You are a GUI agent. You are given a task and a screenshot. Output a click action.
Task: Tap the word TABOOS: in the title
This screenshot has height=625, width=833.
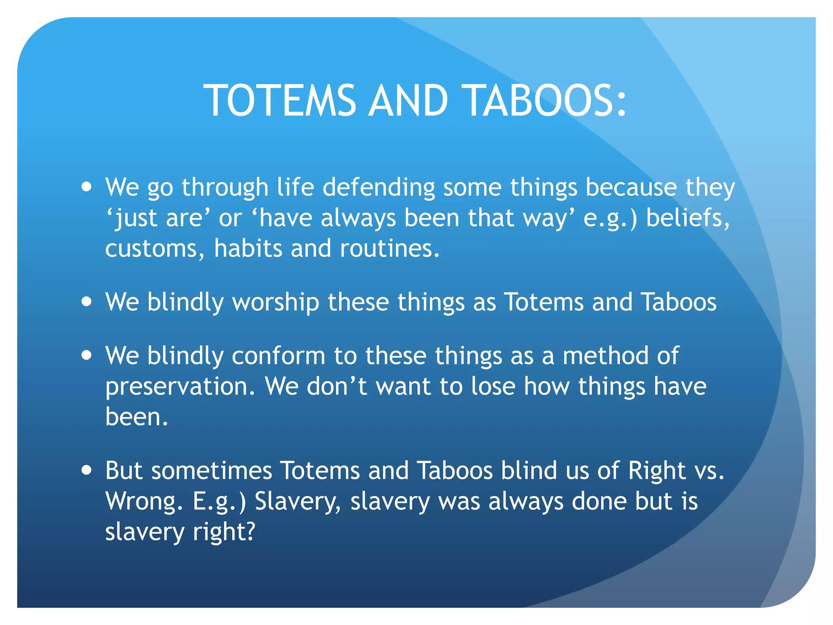(x=545, y=101)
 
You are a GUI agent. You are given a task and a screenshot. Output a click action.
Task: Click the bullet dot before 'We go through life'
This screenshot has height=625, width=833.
(x=86, y=187)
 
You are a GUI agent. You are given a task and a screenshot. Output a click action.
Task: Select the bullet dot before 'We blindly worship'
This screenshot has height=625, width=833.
(x=86, y=302)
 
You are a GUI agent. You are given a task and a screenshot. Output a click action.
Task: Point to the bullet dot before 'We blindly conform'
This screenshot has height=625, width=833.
(x=86, y=355)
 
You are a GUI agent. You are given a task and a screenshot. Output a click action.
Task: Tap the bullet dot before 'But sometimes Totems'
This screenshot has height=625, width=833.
(x=86, y=470)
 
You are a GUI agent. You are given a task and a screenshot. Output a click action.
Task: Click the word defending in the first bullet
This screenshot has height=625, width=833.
(x=378, y=188)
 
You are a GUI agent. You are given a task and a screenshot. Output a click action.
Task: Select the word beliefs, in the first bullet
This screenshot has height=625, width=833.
(x=688, y=218)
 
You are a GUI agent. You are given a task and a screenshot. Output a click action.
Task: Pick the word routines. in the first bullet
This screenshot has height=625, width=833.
(x=390, y=249)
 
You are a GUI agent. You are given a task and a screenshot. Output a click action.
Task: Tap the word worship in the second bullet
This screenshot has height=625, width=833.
(x=275, y=303)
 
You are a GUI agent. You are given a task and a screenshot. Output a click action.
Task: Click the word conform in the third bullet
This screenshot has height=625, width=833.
(x=279, y=356)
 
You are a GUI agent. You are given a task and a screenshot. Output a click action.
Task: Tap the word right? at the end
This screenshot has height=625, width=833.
(x=224, y=532)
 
